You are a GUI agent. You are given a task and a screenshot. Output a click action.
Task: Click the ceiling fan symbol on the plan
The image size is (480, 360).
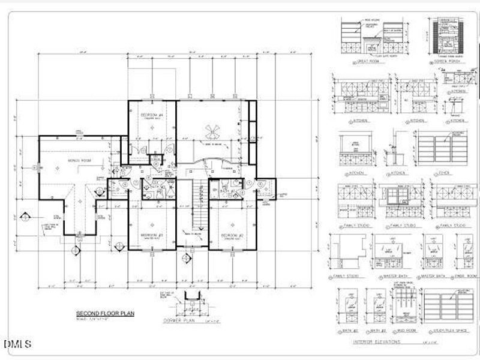click(x=212, y=130)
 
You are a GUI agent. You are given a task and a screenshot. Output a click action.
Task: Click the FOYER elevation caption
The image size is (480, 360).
click(x=444, y=173)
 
